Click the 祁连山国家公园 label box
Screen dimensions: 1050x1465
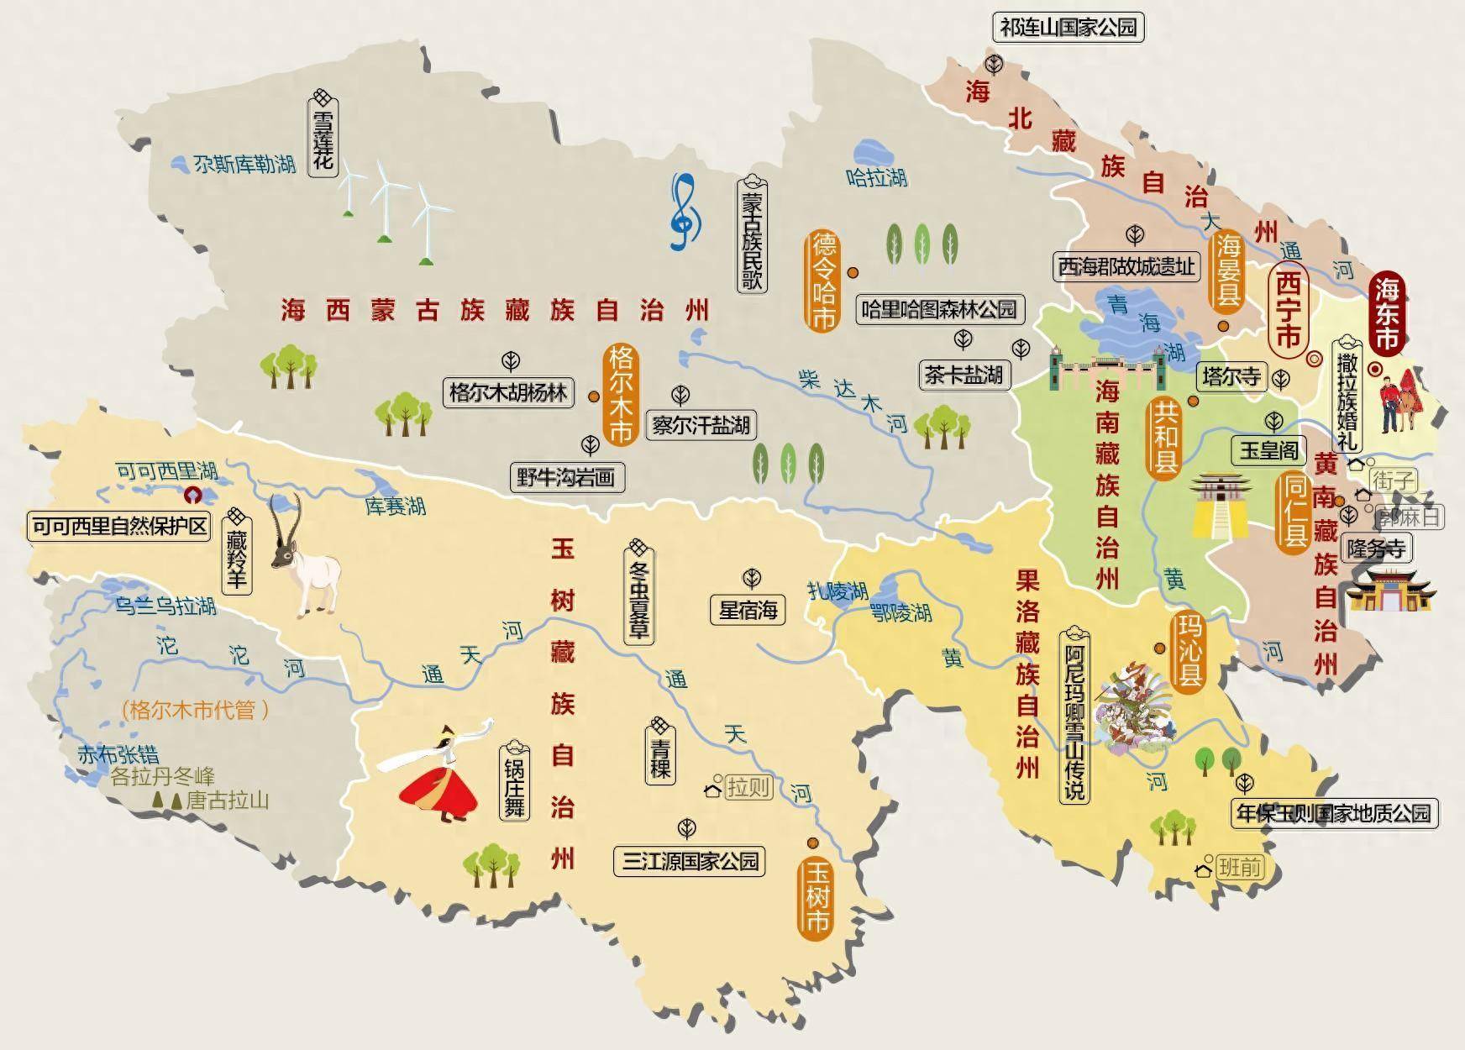coord(1069,28)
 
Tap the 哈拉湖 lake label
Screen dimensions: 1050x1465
coord(876,177)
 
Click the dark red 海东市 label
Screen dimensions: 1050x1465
coord(1385,312)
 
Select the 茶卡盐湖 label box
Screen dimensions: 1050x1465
coord(964,375)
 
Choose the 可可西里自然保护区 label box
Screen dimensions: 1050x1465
coord(118,527)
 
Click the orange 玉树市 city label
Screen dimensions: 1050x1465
coord(816,897)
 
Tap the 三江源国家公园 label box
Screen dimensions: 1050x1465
coord(690,861)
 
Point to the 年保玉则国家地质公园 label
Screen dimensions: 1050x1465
coord(1333,812)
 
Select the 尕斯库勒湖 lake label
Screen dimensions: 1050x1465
coord(244,164)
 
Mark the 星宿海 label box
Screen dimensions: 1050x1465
coord(748,610)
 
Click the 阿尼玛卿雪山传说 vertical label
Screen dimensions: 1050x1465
coord(1074,715)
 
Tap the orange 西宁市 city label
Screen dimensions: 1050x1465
coord(1288,308)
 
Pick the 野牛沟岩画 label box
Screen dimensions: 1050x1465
coord(567,478)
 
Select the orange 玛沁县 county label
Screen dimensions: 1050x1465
coord(1188,651)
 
